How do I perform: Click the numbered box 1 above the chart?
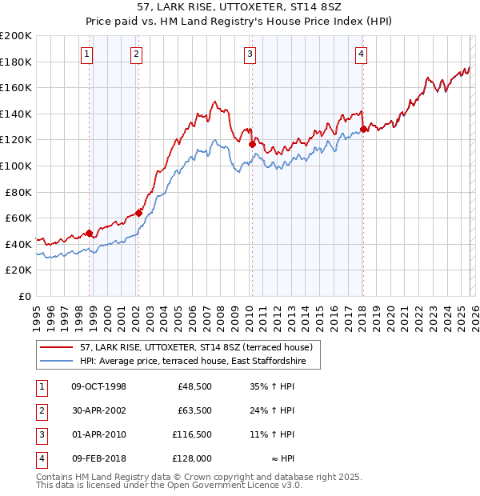pyautogui.click(x=86, y=54)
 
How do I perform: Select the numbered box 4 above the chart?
pyautogui.click(x=362, y=54)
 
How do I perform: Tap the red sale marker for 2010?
pyautogui.click(x=252, y=144)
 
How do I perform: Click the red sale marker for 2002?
pyautogui.click(x=139, y=213)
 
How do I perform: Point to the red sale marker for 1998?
pyautogui.click(x=90, y=233)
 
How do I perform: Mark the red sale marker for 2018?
pyautogui.click(x=363, y=129)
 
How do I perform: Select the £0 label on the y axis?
pyautogui.click(x=24, y=296)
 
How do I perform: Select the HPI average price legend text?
pyautogui.click(x=198, y=361)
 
